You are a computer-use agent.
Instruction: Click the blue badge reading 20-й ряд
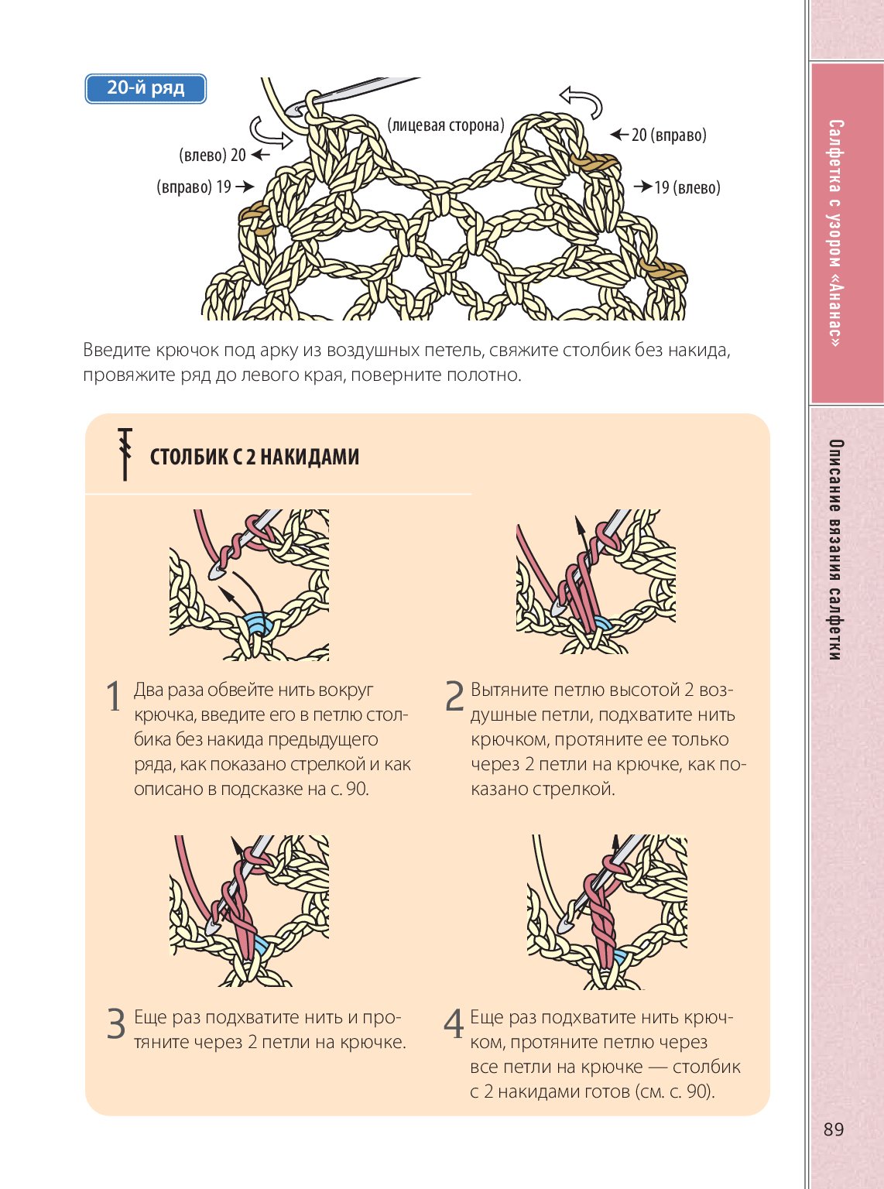pyautogui.click(x=146, y=88)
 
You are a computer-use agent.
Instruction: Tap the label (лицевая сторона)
pyautogui.click(x=446, y=125)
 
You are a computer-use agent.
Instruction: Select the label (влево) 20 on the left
pyautogui.click(x=212, y=155)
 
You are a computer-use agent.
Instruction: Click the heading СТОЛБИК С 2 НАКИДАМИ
pyautogui.click(x=255, y=457)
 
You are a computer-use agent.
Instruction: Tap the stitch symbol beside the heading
pyautogui.click(x=125, y=454)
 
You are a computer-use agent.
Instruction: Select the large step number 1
pyautogui.click(x=114, y=697)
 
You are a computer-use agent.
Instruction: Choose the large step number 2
pyautogui.click(x=454, y=697)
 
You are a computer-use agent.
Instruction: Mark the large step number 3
pyautogui.click(x=115, y=1024)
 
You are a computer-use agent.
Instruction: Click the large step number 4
pyautogui.click(x=454, y=1024)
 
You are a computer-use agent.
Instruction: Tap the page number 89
pyautogui.click(x=834, y=1129)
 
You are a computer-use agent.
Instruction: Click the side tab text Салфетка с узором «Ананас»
pyautogui.click(x=836, y=232)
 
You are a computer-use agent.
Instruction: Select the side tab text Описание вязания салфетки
pyautogui.click(x=836, y=550)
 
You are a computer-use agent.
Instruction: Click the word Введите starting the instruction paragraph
pyautogui.click(x=116, y=350)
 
